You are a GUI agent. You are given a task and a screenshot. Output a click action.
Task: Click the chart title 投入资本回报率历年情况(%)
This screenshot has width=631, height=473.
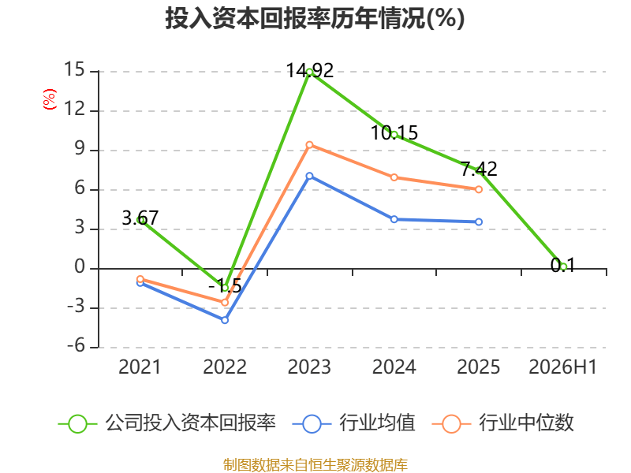coord(315,18)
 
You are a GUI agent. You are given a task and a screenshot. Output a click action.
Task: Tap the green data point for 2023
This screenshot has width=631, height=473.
coord(309,73)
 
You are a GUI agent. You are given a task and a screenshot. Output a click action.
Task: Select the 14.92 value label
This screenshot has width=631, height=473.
coord(309,71)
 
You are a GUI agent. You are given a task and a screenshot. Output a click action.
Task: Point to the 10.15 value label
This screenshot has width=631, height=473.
coord(394,133)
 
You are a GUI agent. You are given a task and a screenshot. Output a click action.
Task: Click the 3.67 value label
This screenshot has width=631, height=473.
coord(140,218)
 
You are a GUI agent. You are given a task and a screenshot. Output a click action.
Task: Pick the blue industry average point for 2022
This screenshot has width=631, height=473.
coord(225,320)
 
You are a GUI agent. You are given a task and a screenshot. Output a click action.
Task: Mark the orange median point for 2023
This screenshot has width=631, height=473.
coord(309,145)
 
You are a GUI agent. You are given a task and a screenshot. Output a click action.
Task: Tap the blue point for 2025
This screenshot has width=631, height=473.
coord(479,222)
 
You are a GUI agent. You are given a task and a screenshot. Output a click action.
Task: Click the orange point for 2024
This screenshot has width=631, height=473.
coord(394,177)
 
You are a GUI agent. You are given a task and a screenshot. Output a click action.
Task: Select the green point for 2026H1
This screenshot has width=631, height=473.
coord(563,266)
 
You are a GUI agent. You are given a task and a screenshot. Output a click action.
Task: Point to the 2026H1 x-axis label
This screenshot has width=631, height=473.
coord(562,367)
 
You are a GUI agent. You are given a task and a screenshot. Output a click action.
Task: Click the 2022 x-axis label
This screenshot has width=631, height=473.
coord(225,367)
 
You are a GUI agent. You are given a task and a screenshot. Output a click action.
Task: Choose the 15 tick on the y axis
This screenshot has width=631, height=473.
coord(74,69)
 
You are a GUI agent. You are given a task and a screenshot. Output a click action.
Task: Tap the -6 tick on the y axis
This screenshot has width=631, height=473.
coord(76,345)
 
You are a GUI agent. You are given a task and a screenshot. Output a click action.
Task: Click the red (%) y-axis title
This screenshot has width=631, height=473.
coord(50,99)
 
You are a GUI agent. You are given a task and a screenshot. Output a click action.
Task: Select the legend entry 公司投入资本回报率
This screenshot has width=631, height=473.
coord(167,423)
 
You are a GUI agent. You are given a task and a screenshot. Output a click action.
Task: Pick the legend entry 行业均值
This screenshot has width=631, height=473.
coord(353,423)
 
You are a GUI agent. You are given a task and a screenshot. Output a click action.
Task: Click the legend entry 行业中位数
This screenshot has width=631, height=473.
coord(502,423)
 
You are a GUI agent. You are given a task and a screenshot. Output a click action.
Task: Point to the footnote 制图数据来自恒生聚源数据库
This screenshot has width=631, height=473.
coord(315,464)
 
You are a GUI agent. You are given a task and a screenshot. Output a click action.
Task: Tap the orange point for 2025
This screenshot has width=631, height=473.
coord(479,189)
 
